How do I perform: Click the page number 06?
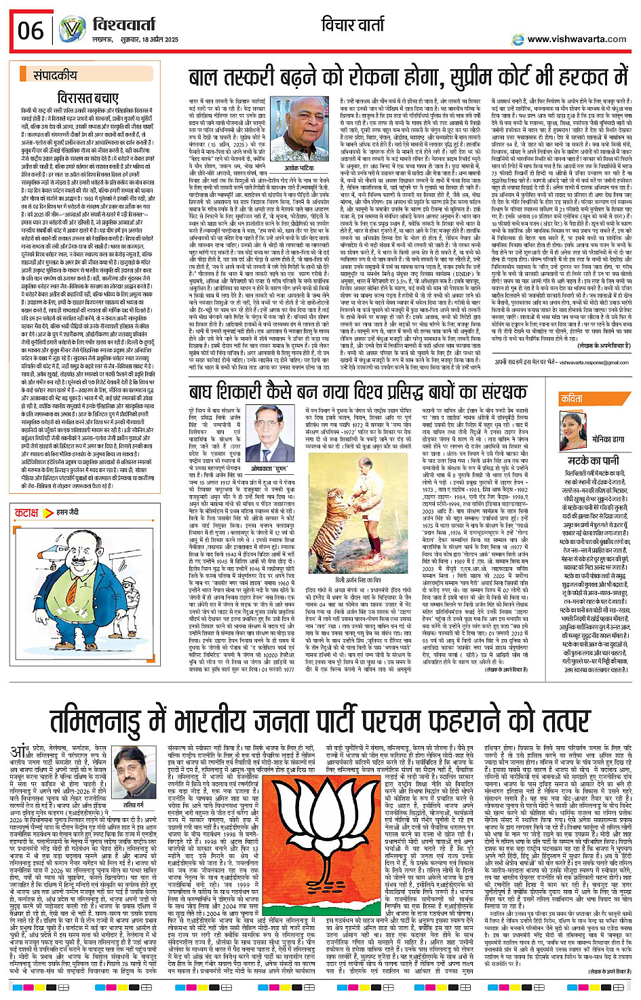(x=31, y=31)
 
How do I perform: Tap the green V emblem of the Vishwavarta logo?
(x=71, y=30)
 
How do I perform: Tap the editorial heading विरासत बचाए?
(x=88, y=98)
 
